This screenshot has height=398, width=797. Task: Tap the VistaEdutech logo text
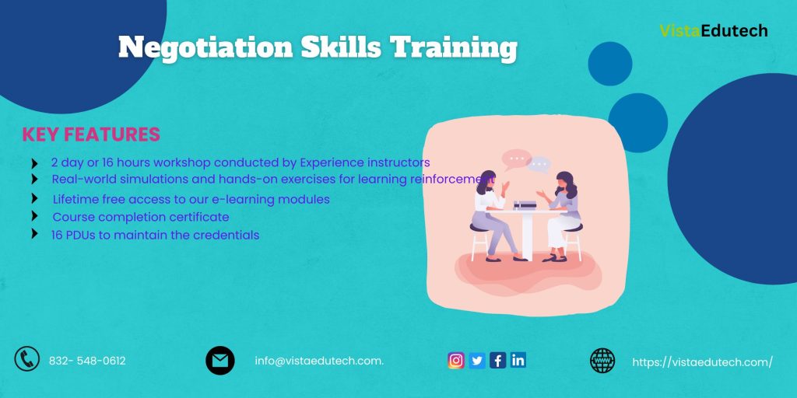click(x=713, y=31)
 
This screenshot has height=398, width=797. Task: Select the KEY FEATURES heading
click(x=91, y=134)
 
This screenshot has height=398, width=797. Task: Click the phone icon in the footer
click(x=27, y=359)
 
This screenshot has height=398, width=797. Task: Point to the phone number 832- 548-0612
click(x=87, y=361)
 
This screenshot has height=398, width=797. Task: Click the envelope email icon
click(x=220, y=360)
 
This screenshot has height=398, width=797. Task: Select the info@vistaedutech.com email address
click(x=319, y=361)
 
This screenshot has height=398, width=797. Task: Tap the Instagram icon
click(x=456, y=360)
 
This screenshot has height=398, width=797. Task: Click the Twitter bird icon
click(x=477, y=360)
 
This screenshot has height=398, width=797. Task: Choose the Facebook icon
click(x=497, y=360)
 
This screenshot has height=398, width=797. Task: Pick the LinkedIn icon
click(x=518, y=360)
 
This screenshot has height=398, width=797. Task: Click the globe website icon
click(x=602, y=360)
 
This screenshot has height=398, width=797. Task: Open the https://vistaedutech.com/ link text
click(x=702, y=361)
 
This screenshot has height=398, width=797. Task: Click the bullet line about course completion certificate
click(x=141, y=217)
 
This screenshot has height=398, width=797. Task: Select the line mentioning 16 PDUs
click(x=156, y=235)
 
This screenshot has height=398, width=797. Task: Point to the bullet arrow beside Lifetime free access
click(x=34, y=199)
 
